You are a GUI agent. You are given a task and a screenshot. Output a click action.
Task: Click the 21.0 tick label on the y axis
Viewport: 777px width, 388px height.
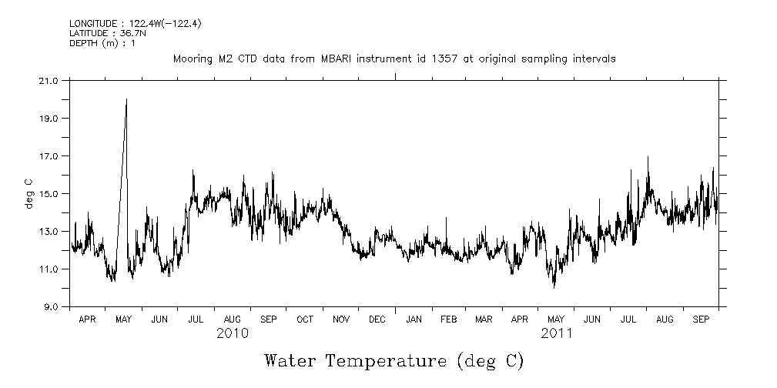point(48,80)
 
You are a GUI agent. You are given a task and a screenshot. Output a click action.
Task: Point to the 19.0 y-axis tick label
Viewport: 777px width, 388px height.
point(48,118)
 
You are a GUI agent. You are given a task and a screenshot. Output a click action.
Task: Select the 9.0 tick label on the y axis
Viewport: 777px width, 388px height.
point(50,306)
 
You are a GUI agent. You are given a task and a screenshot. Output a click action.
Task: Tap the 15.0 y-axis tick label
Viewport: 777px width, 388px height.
point(48,193)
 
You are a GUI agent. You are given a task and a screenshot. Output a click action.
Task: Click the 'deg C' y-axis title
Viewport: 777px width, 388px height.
point(28,193)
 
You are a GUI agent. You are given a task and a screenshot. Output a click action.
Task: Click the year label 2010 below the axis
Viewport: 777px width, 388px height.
point(232,333)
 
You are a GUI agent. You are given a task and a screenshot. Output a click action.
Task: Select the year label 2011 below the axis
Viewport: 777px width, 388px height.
point(556,333)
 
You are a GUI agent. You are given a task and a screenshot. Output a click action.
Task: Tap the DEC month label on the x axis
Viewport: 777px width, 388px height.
point(377,319)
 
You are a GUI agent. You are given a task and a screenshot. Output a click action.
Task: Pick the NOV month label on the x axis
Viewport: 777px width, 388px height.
point(340,319)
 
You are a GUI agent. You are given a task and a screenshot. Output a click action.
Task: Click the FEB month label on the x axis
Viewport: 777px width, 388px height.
point(449,319)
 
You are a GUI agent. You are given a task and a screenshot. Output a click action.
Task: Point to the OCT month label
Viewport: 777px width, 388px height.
point(305,319)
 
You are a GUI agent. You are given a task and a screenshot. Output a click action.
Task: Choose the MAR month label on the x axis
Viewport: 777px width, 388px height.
point(484,319)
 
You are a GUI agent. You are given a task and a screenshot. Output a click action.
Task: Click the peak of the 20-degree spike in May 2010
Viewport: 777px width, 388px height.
point(126,99)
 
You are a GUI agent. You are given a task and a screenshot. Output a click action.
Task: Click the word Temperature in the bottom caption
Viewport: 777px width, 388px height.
point(387,360)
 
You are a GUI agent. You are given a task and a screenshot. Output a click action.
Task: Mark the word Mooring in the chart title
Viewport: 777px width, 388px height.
point(192,59)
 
